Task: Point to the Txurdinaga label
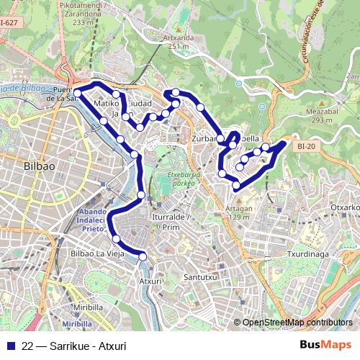pyautogui.click(x=307, y=254)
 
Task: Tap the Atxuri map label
pyautogui.click(x=150, y=281)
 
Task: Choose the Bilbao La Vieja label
pyautogui.click(x=97, y=254)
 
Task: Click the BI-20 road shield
pyautogui.click(x=305, y=145)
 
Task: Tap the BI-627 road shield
pyautogui.click(x=9, y=22)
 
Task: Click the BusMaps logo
pyautogui.click(x=324, y=343)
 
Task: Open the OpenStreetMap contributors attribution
pyautogui.click(x=297, y=323)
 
